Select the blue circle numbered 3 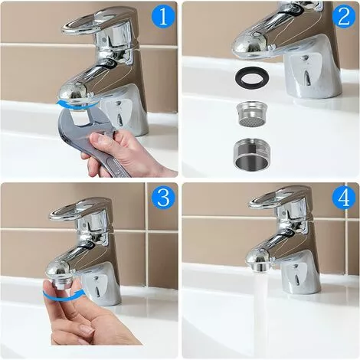pyautogui.click(x=162, y=198)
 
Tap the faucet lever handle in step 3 pyautogui.click(x=80, y=207)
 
